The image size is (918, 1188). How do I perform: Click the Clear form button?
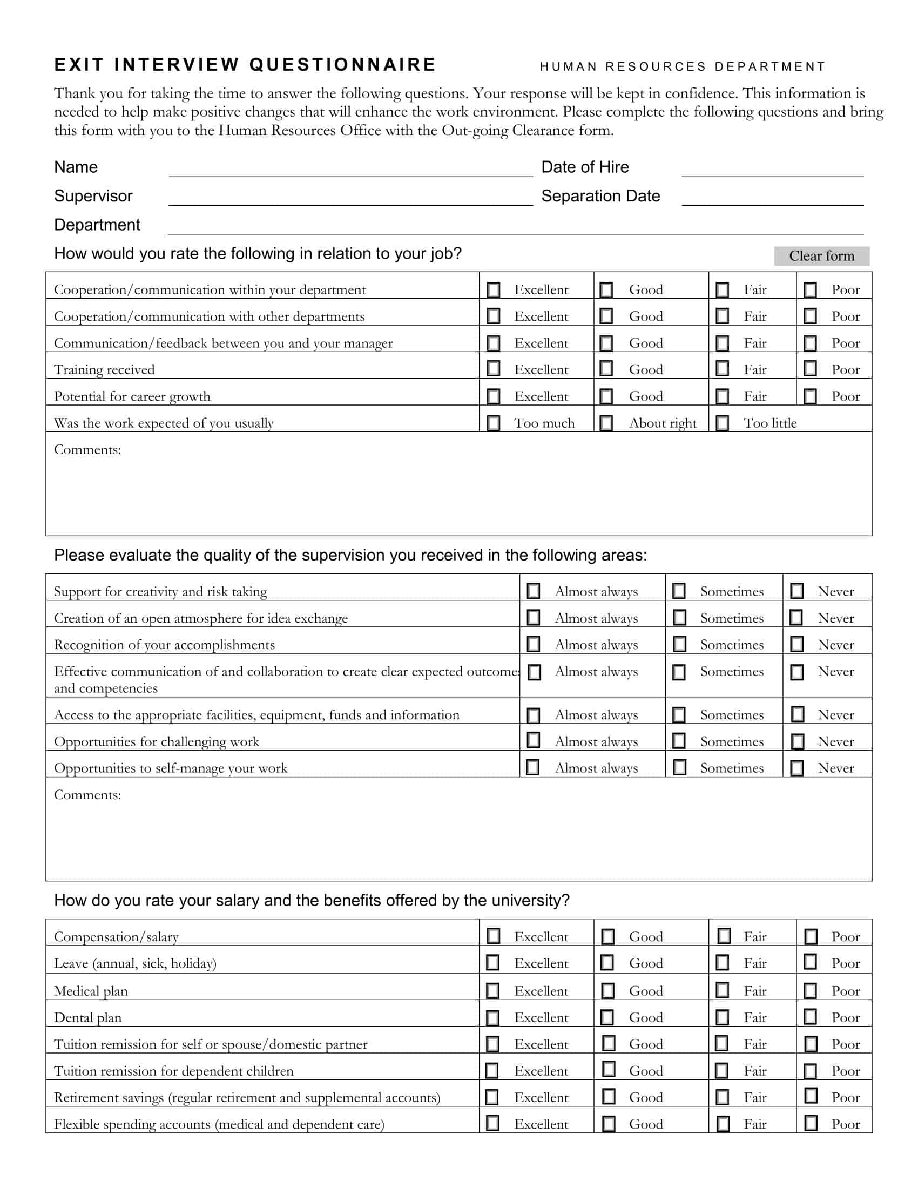[x=821, y=256]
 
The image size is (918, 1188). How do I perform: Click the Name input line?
[x=350, y=169]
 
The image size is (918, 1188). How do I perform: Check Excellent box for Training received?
[x=493, y=369]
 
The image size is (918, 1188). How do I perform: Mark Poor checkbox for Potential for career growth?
[x=810, y=396]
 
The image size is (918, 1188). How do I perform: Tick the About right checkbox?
[x=606, y=423]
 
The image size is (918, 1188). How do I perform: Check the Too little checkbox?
[x=722, y=423]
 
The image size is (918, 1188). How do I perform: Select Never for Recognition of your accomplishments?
[x=796, y=645]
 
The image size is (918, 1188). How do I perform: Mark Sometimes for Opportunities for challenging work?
[x=679, y=741]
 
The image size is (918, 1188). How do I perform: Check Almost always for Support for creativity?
[x=534, y=591]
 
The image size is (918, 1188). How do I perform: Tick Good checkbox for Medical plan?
[x=607, y=990]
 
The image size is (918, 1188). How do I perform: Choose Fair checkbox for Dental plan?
[x=722, y=1017]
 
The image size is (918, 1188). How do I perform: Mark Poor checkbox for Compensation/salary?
[x=811, y=936]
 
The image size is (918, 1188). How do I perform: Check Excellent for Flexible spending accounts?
[x=492, y=1123]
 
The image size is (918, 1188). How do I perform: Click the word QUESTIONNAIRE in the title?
[x=342, y=65]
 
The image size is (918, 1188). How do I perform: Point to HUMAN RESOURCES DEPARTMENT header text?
[x=683, y=67]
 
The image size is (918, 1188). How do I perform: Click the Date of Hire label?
[x=585, y=167]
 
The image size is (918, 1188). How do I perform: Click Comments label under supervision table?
[x=87, y=795]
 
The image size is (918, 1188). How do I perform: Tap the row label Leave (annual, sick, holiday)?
[x=135, y=963]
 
